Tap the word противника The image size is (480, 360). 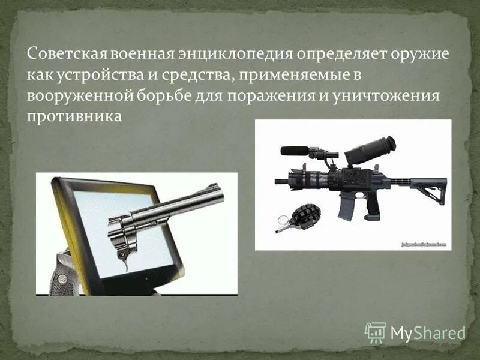(x=74, y=116)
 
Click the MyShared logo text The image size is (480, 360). (x=428, y=332)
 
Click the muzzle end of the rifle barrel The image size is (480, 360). (x=278, y=180)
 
